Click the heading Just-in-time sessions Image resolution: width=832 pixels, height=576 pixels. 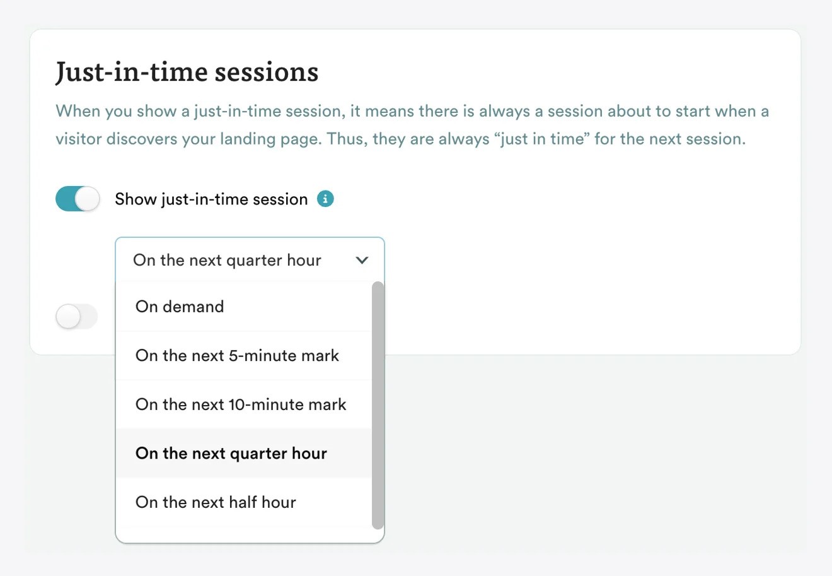(187, 72)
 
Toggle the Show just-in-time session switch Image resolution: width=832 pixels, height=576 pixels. (78, 199)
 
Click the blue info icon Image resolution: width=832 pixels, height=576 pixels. (325, 199)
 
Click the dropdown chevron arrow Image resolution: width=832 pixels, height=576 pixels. (362, 260)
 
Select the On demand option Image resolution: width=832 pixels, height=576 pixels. (180, 307)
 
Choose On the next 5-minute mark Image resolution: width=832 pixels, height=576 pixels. (237, 356)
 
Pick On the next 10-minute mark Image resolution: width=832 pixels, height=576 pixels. (241, 404)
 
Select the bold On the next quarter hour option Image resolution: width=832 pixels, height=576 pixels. (231, 454)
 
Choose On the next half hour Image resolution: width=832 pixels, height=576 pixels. (216, 502)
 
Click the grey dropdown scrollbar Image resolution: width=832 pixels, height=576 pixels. (378, 404)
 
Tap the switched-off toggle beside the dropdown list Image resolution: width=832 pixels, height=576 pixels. (77, 316)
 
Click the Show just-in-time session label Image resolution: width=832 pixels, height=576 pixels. (211, 199)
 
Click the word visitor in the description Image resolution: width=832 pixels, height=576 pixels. (78, 139)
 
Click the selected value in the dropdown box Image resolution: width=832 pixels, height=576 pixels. (227, 260)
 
